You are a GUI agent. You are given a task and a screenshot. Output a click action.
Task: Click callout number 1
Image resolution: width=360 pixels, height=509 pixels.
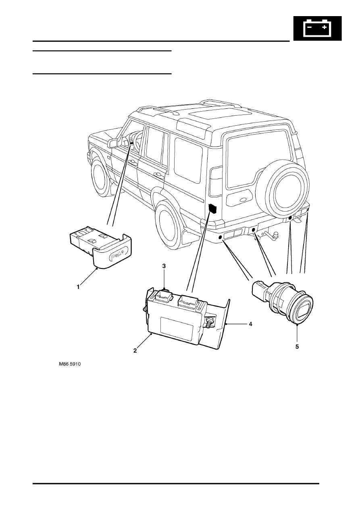pyautogui.click(x=78, y=287)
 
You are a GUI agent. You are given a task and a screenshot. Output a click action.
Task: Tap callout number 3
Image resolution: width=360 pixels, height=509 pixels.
pyautogui.click(x=164, y=266)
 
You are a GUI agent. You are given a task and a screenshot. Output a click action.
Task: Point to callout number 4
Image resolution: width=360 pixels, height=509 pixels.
pyautogui.click(x=250, y=324)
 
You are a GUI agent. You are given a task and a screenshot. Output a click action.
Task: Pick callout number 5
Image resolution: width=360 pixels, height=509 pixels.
pyautogui.click(x=297, y=347)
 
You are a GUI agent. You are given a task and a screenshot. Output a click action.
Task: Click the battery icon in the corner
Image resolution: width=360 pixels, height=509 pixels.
pyautogui.click(x=318, y=28)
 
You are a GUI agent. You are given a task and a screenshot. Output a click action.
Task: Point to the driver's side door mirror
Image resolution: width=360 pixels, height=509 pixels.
pyautogui.click(x=113, y=143)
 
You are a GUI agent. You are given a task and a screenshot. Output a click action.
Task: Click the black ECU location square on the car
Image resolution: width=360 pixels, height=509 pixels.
pyautogui.click(x=212, y=208)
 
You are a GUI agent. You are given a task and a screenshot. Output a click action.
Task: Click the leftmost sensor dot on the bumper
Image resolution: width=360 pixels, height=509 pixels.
pyautogui.click(x=220, y=237)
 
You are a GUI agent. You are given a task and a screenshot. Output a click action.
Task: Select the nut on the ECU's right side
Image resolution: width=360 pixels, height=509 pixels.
pyautogui.click(x=209, y=322)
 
